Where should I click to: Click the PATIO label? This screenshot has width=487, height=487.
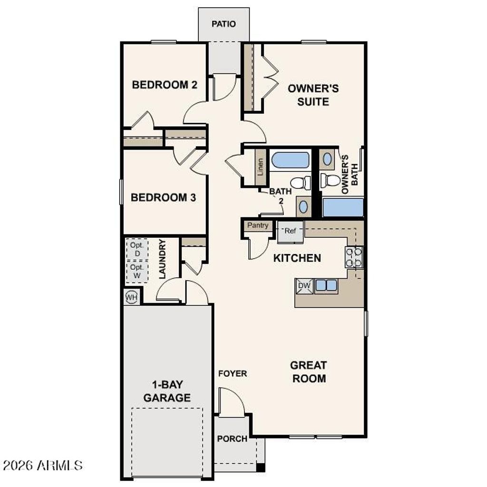pos(224,24)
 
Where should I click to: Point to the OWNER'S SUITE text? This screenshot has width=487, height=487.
pos(313,95)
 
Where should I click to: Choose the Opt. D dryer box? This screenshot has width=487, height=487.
pos(137,250)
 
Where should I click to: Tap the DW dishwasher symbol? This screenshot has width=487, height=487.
pos(304,285)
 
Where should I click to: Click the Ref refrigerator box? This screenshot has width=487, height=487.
pos(290,231)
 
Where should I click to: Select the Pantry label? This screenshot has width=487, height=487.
pos(258,225)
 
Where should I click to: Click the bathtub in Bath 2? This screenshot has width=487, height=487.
pos(290,160)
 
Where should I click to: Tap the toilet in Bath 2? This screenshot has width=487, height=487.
pos(300,183)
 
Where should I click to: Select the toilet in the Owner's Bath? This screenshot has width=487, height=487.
pos(330,180)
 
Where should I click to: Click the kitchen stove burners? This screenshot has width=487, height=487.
pos(354,257)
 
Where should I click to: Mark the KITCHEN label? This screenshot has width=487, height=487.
pos(297,258)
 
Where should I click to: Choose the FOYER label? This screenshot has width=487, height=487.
pos(233,374)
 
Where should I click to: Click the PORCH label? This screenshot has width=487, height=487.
pos(232,438)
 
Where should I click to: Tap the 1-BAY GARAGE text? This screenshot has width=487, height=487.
pos(167,391)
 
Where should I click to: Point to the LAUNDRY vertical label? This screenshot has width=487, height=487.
pos(162,259)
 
